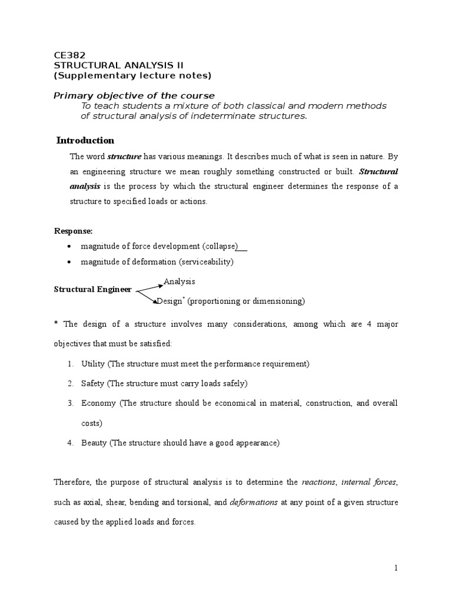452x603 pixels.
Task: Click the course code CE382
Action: click(69, 55)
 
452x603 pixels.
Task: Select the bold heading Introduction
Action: click(85, 140)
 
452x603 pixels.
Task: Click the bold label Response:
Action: click(74, 231)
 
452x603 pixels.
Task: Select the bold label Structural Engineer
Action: click(93, 290)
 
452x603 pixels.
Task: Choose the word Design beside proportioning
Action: click(169, 301)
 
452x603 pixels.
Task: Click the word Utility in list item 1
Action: click(93, 364)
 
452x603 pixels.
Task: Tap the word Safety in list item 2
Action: click(93, 383)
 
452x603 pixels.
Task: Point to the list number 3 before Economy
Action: click(69, 403)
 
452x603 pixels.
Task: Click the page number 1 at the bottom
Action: click(396, 568)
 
